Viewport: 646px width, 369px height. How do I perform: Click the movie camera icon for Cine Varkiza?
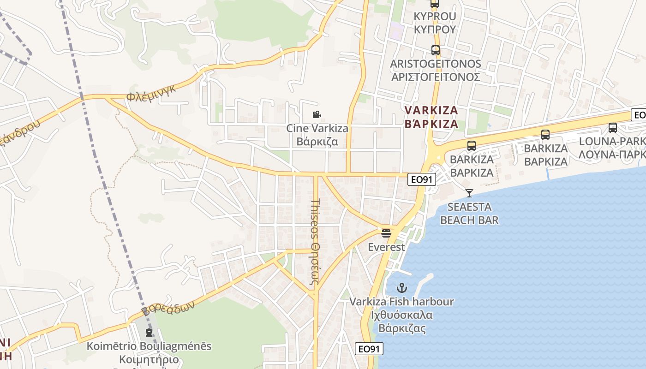point(317,114)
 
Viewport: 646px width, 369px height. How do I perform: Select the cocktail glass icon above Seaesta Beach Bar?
point(469,193)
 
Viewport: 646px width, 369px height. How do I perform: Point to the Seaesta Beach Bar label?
point(469,213)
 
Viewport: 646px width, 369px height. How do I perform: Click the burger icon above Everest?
point(386,233)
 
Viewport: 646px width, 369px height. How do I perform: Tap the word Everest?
point(386,247)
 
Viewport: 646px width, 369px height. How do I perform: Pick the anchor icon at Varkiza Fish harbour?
point(402,288)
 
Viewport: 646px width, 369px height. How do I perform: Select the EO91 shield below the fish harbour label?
point(370,349)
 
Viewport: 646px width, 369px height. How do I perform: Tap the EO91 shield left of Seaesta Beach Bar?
point(422,179)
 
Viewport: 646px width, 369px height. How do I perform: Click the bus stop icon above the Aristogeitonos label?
point(435,50)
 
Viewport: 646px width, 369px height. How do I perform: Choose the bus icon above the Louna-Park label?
point(612,128)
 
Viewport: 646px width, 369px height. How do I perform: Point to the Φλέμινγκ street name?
point(152,94)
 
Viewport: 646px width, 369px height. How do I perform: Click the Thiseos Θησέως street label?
point(316,244)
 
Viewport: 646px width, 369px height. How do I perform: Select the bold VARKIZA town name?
point(431,117)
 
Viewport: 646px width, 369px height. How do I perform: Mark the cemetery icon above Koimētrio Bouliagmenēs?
point(149,332)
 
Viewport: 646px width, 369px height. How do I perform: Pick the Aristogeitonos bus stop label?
point(435,70)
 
